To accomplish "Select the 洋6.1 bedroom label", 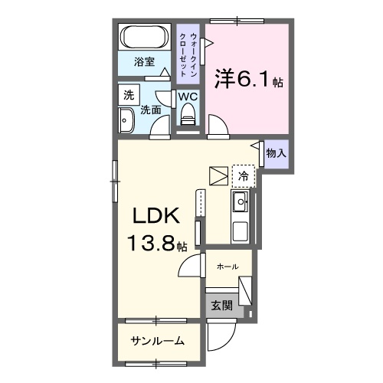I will pos(245,79).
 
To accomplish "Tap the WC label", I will pos(188,97).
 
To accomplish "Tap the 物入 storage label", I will pos(276,153).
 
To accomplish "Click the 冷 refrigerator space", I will pos(243,175).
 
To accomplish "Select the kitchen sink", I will pos(239,202).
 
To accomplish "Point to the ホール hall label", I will pos(228,266).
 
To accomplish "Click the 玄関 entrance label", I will pos(221,305).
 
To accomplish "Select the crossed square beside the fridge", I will pos(219,175).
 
